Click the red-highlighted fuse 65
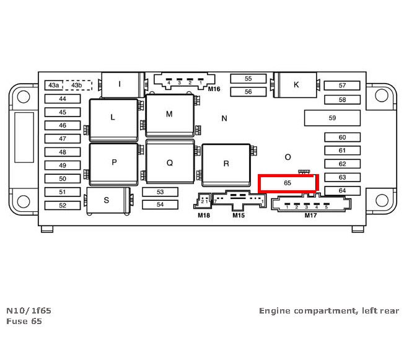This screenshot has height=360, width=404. (288, 183)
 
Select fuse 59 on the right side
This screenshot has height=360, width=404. (332, 118)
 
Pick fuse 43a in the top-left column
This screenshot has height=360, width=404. (54, 85)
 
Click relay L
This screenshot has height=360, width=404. (113, 116)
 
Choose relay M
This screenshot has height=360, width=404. (169, 115)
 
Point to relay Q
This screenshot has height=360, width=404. (169, 163)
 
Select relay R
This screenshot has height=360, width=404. (226, 164)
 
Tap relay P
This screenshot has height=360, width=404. (114, 163)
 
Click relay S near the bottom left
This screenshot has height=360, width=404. (107, 200)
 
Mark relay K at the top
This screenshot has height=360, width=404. (296, 85)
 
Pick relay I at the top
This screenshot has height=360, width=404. (120, 84)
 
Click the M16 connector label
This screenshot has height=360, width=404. (214, 89)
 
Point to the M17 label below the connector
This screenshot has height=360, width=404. (310, 216)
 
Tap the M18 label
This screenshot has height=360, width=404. (204, 216)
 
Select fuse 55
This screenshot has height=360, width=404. (248, 79)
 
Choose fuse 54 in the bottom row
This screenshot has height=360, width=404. (160, 204)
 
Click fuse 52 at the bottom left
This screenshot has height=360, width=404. (62, 205)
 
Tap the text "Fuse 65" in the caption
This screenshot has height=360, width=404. (24, 322)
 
